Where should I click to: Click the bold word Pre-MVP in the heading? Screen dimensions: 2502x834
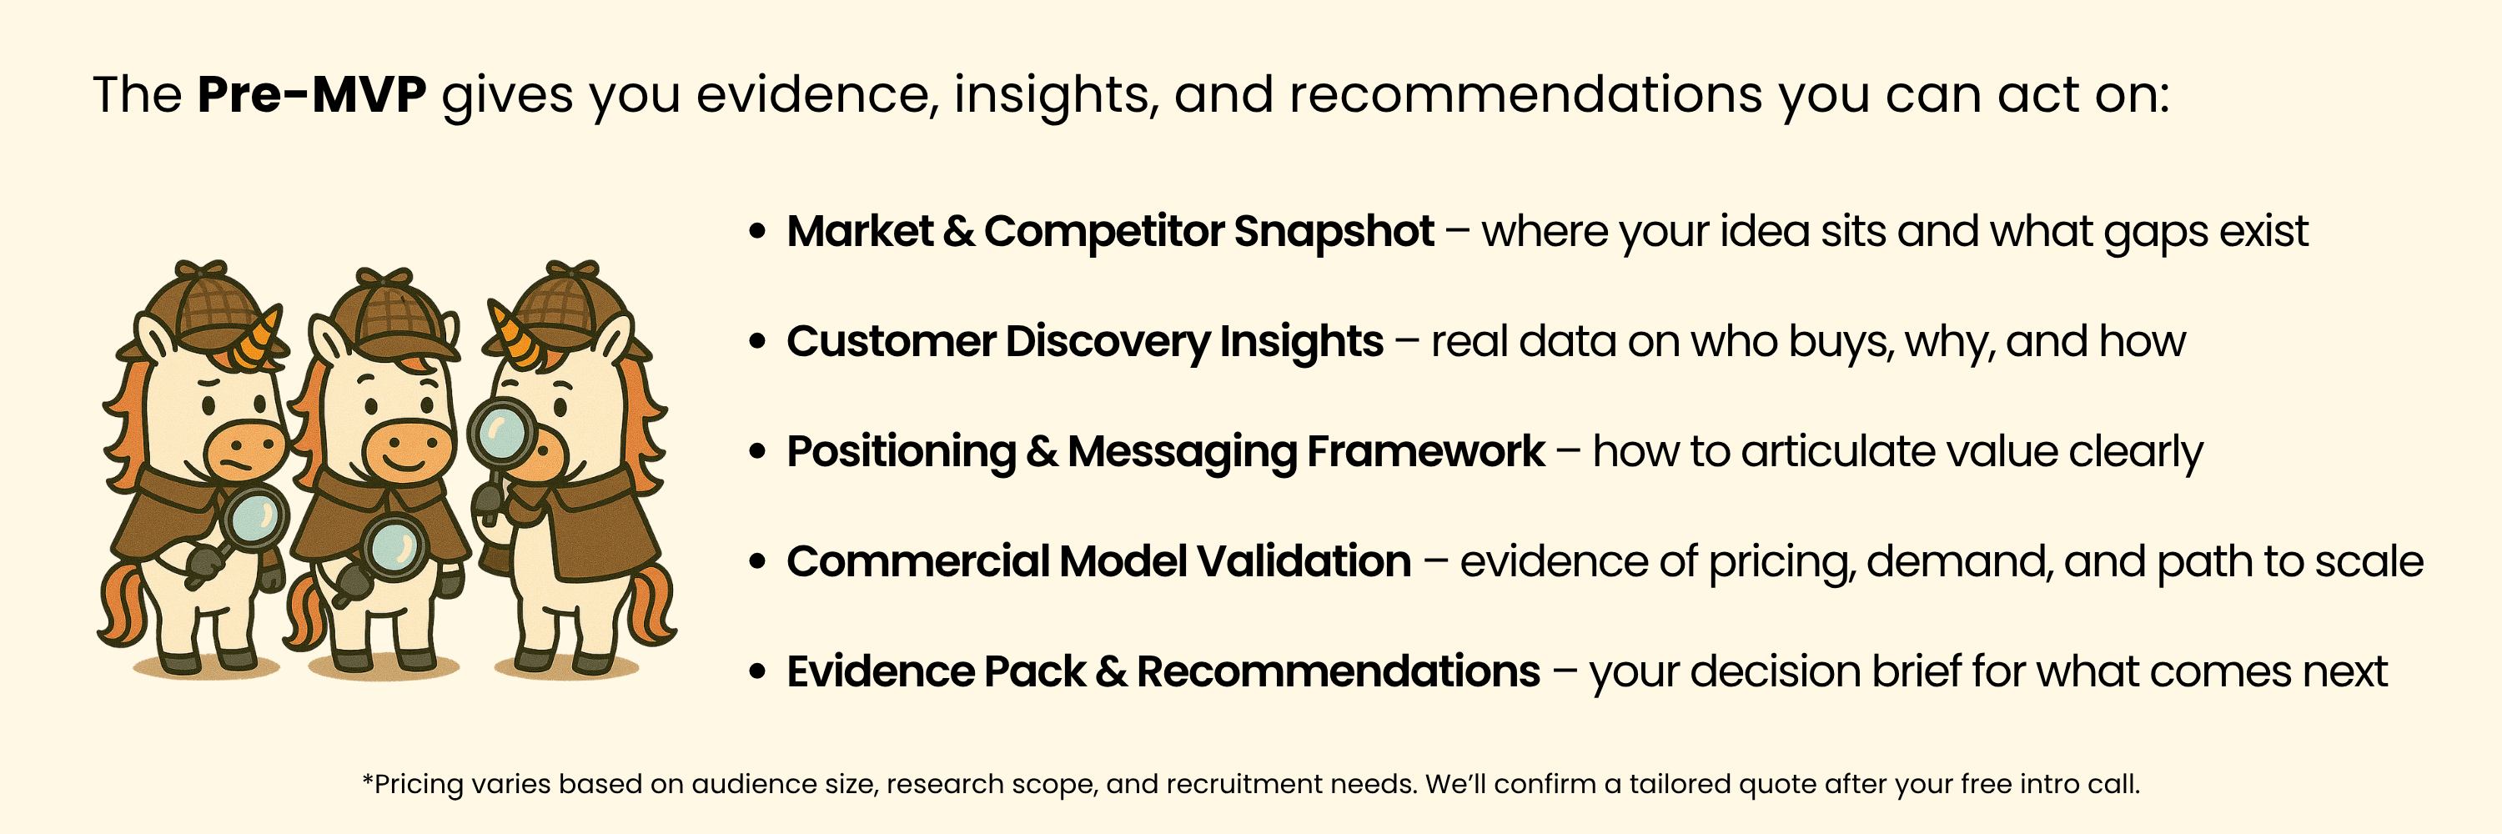pyautogui.click(x=312, y=95)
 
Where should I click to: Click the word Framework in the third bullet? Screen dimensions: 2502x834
pyautogui.click(x=1426, y=451)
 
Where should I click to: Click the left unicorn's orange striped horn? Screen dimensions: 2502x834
pyautogui.click(x=259, y=333)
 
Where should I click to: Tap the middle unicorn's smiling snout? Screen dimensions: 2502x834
pyautogui.click(x=406, y=450)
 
